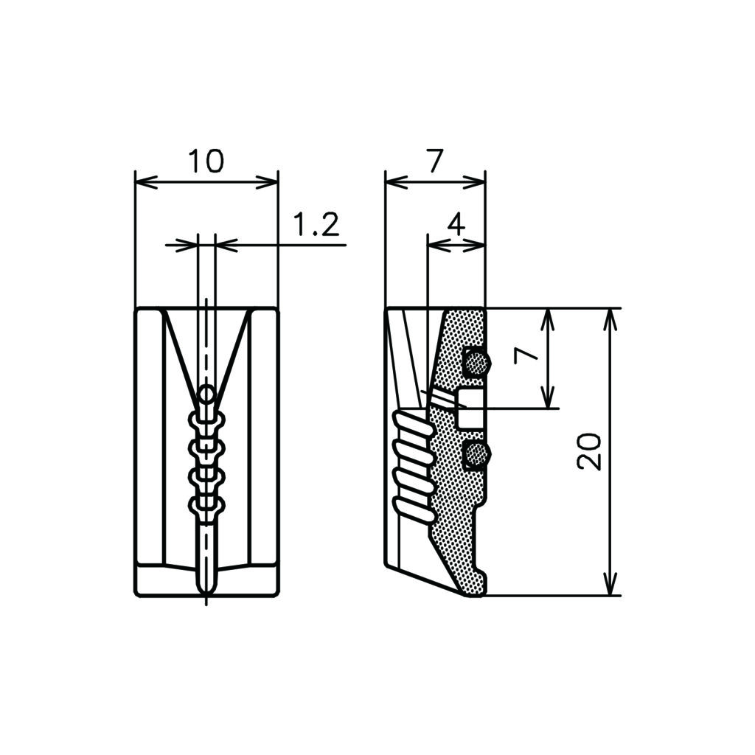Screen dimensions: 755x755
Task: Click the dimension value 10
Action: (206, 161)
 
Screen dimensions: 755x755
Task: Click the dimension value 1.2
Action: (316, 224)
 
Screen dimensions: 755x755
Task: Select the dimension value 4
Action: (456, 224)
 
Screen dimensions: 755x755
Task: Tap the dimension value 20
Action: (589, 451)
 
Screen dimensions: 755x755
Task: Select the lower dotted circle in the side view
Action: (477, 454)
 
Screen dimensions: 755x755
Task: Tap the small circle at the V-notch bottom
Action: (207, 395)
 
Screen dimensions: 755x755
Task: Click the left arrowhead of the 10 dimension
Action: (146, 183)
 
